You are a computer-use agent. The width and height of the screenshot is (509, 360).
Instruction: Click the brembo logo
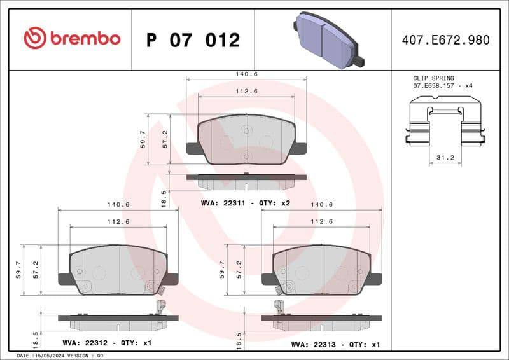click(72, 38)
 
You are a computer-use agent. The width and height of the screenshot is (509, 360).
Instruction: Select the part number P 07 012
click(193, 40)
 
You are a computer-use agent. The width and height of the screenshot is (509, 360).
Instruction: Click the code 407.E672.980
click(445, 40)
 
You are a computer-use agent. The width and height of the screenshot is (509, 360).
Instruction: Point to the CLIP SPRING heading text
click(433, 78)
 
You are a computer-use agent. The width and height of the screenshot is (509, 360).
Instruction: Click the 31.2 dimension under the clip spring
click(446, 156)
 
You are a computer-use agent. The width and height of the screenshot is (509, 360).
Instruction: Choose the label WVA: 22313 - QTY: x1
click(335, 344)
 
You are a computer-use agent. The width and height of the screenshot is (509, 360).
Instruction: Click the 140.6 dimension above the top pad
click(246, 74)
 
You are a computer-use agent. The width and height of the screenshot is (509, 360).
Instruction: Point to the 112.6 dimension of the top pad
click(246, 91)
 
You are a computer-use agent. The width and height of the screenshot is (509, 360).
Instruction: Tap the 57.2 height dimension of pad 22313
click(239, 270)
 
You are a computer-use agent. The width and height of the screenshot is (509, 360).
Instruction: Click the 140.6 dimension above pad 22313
click(321, 205)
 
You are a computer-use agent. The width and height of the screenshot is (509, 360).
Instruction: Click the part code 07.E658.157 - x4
click(443, 85)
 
